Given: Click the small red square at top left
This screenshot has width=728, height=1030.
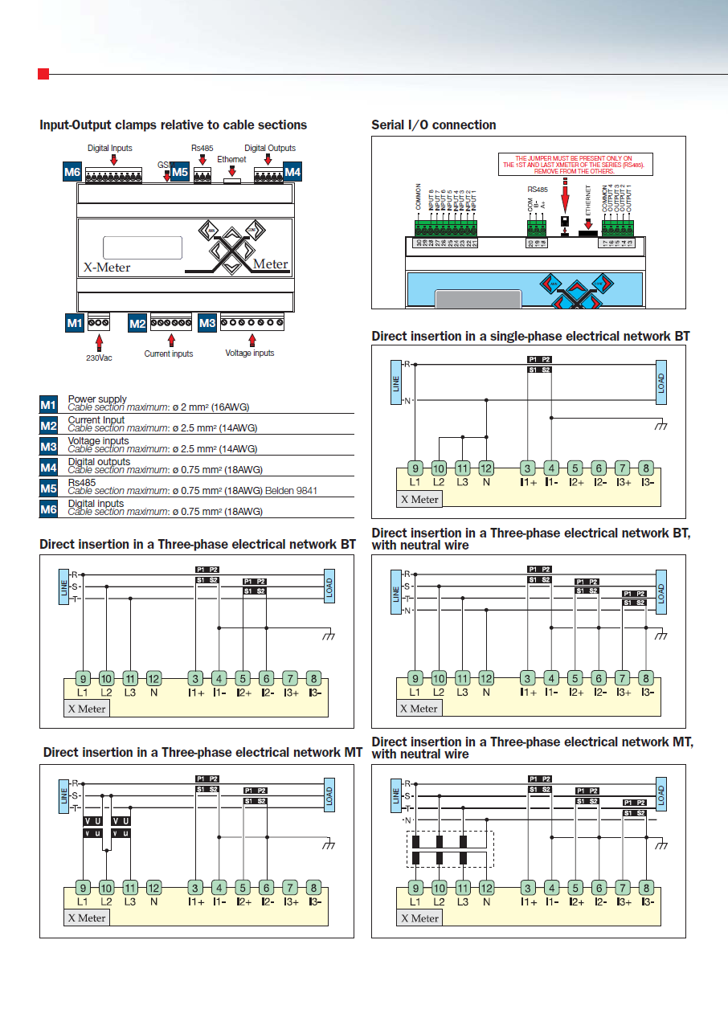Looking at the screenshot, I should click(x=43, y=74).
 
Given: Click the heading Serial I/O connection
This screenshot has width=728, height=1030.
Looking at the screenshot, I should click(x=433, y=125).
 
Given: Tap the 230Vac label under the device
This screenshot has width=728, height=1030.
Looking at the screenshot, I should click(x=99, y=358).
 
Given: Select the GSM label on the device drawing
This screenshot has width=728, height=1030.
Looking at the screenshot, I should click(x=165, y=165).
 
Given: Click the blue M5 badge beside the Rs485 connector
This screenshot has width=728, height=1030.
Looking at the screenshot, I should click(x=180, y=171).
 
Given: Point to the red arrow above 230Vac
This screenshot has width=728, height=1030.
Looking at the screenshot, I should click(x=100, y=340).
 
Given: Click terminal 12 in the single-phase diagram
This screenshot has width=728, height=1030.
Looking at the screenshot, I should click(x=486, y=468).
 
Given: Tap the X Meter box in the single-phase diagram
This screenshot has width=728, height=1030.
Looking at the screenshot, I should click(x=420, y=499).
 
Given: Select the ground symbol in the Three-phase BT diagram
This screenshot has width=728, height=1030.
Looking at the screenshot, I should click(x=328, y=635).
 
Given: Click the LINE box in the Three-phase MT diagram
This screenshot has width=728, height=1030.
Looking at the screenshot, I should click(x=64, y=795).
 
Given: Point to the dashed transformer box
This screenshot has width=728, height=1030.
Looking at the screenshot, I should click(x=450, y=850).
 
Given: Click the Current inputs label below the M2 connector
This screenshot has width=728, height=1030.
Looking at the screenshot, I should click(x=168, y=354).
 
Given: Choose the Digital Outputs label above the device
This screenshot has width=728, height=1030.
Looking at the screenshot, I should click(x=270, y=148).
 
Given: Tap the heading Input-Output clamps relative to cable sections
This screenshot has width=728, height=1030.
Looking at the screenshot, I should click(x=174, y=125).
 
